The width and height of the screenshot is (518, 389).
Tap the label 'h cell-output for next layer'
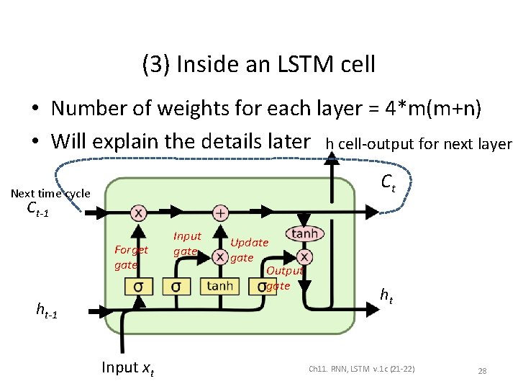pos(418,144)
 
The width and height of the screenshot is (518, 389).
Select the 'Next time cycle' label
pos(50,193)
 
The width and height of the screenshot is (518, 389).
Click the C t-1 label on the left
pos(37,210)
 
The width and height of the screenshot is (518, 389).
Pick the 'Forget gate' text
pos(130,257)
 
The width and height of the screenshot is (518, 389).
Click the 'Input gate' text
pos(186,243)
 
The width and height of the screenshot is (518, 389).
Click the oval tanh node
pos(304,234)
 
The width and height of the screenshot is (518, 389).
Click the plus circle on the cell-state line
pos(220,213)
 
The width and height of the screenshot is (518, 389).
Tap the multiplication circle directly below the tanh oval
pos(304,256)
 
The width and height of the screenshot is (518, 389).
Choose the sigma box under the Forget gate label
pos(138,286)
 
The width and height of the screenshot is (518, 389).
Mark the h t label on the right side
pos(386,294)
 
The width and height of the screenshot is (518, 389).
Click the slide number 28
pos(482,371)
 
